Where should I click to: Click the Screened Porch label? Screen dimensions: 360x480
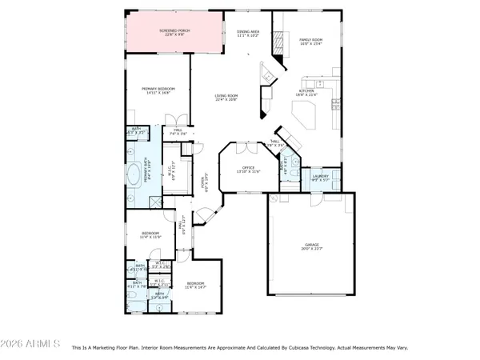coord(174,30)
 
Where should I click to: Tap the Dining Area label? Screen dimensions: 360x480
coord(248,30)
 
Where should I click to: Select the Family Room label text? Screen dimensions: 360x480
coord(310,39)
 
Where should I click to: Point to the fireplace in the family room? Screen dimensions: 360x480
coord(278,42)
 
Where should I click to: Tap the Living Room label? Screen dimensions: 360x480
coord(226,96)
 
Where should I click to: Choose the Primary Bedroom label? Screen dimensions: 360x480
coord(158,89)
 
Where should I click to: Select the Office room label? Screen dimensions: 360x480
coord(248,167)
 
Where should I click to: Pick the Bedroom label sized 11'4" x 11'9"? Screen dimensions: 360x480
coord(150,233)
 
